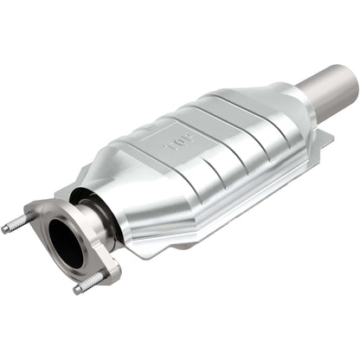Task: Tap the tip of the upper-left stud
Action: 5,229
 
